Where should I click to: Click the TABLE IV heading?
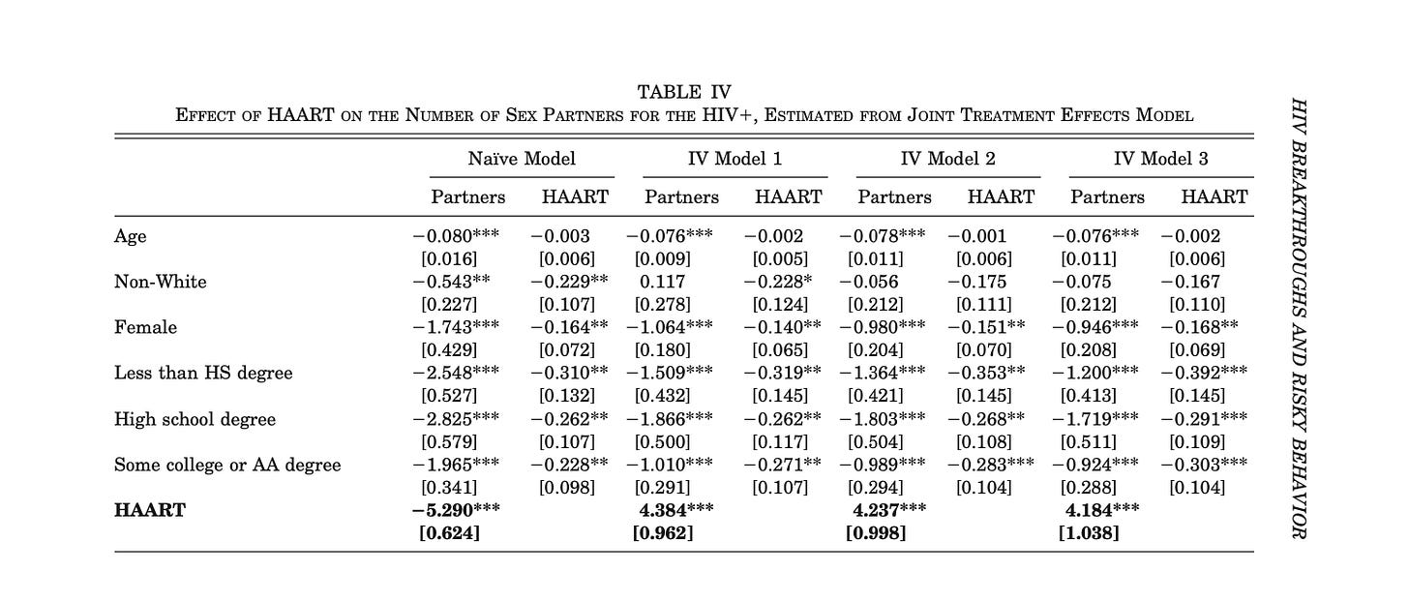click(x=684, y=92)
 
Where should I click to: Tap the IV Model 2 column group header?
click(x=947, y=158)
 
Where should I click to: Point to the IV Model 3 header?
click(x=1160, y=158)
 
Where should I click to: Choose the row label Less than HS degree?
click(x=202, y=373)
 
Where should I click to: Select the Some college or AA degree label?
click(x=227, y=465)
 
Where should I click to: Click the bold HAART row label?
click(x=149, y=509)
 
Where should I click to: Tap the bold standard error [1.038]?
click(x=1090, y=532)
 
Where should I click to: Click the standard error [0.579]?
click(x=450, y=441)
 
